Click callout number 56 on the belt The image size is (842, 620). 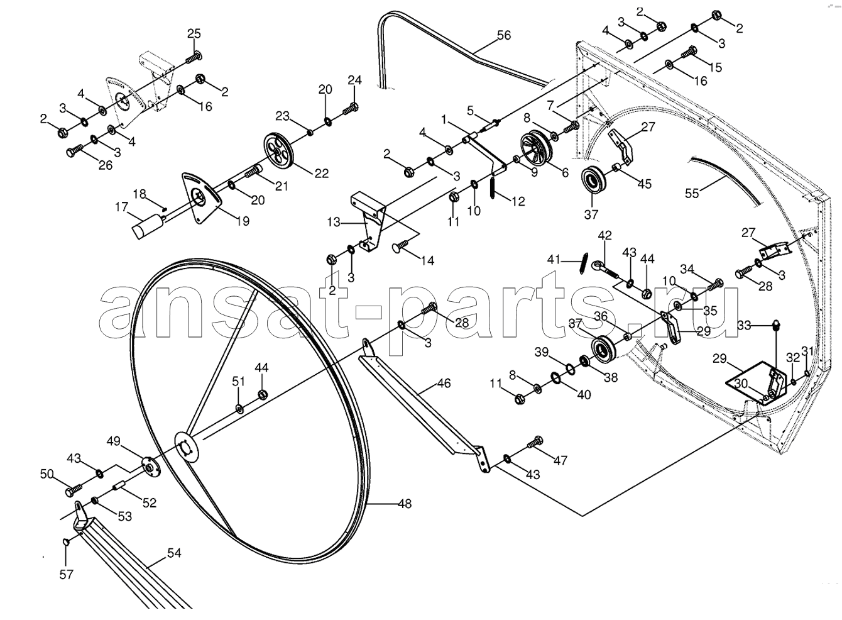point(504,35)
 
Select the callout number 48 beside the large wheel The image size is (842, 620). point(405,504)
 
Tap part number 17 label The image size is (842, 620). point(122,207)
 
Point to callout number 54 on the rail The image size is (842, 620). point(174,553)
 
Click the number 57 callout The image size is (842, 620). point(66,575)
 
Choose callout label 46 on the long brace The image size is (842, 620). point(444,384)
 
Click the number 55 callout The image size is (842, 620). point(692,193)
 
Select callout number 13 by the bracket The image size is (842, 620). point(334,223)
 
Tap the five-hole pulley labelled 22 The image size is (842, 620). point(278,152)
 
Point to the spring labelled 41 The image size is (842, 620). point(582,263)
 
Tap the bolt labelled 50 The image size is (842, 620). point(74,489)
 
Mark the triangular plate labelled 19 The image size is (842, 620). point(202,197)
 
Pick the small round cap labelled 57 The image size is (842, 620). point(66,542)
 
